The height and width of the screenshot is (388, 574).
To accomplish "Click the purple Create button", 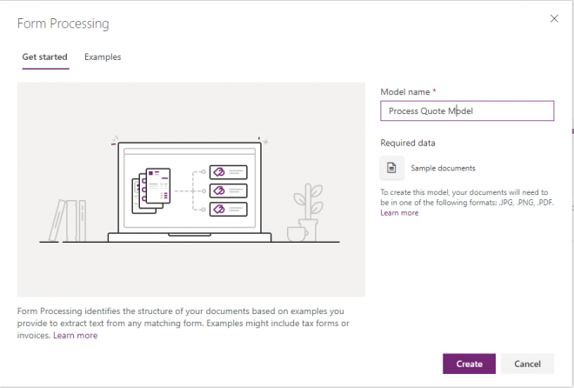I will pyautogui.click(x=469, y=364).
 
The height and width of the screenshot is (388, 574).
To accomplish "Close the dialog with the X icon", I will pyautogui.click(x=555, y=18).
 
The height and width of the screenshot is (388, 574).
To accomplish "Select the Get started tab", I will pyautogui.click(x=45, y=57).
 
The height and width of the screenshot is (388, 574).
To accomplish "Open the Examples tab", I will pyautogui.click(x=103, y=57).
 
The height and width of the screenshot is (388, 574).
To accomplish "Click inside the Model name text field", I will pyautogui.click(x=513, y=111).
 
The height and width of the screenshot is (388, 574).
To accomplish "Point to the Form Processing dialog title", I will pyautogui.click(x=63, y=23).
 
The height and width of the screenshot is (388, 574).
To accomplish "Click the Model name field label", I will pyautogui.click(x=407, y=91).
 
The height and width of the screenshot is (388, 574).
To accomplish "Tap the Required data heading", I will pyautogui.click(x=408, y=143).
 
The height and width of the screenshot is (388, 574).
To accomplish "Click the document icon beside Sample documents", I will pyautogui.click(x=391, y=168).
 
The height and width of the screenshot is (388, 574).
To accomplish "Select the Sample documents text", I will pyautogui.click(x=443, y=168).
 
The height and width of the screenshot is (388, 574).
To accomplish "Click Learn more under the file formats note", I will pyautogui.click(x=399, y=213).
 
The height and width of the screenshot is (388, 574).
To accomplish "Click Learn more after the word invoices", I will pyautogui.click(x=75, y=336).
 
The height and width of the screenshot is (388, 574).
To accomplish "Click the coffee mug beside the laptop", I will pyautogui.click(x=296, y=233).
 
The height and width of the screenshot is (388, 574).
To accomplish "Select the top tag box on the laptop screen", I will pyautogui.click(x=228, y=172).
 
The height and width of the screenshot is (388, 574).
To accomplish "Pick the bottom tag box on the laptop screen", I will pyautogui.click(x=228, y=209).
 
